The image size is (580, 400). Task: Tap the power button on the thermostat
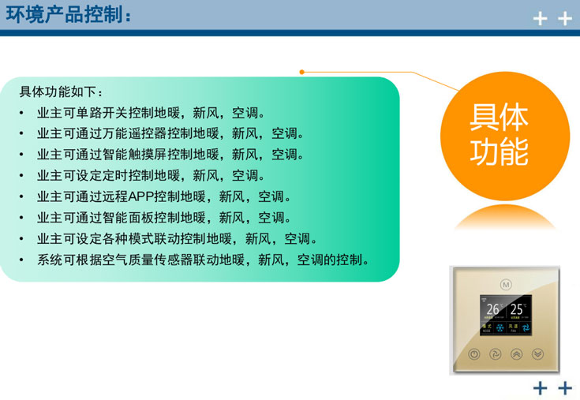(473, 354)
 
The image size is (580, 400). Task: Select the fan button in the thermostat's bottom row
(495, 354)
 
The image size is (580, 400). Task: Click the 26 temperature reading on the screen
(492, 310)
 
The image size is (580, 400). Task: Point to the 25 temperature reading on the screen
(517, 310)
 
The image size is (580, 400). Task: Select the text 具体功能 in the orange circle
(499, 135)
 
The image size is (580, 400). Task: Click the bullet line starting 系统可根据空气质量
(203, 260)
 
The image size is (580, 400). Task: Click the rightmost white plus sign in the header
(564, 19)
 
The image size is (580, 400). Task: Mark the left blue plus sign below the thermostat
(541, 387)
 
